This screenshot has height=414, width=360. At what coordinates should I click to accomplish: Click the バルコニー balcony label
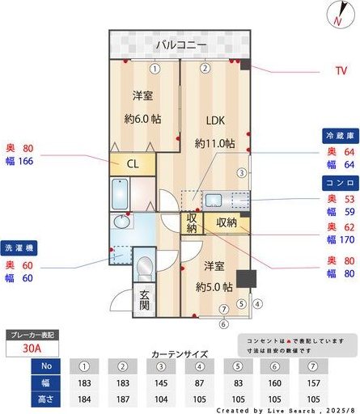point(181,44)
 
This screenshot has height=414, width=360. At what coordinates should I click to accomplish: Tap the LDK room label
point(214,121)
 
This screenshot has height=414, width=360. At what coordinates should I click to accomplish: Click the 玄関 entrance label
point(144,300)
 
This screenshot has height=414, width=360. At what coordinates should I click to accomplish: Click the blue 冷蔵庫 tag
point(339,135)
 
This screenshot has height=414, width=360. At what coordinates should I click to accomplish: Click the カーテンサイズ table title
point(180,354)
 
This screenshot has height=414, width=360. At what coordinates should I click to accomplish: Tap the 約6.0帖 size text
point(143,119)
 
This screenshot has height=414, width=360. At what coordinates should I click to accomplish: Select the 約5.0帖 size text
point(214,287)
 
